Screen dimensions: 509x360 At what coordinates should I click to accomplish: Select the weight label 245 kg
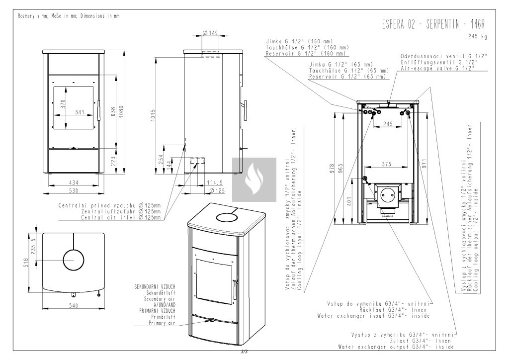[x=478, y=37]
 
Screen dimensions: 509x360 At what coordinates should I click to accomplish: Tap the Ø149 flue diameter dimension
[x=210, y=33]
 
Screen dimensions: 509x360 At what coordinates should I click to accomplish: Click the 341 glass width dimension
[x=80, y=112]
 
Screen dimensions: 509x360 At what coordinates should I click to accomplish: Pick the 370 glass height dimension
[x=63, y=104]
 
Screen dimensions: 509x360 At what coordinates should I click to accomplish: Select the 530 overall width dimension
[x=74, y=191]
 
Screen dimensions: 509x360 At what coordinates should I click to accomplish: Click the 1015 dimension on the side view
[x=153, y=115]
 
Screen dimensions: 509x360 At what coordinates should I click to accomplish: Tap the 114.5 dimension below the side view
[x=215, y=183]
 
